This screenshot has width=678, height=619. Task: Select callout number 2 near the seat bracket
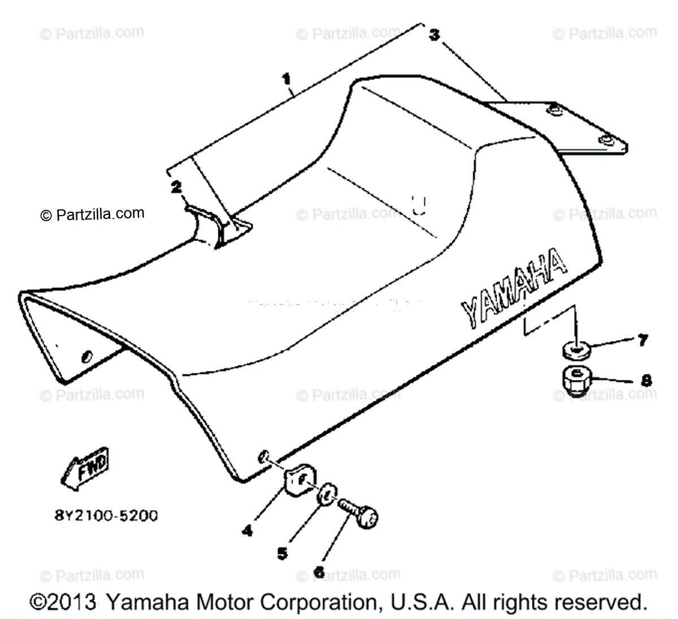177,186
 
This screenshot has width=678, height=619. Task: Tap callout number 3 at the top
434,35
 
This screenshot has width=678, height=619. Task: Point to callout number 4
247,530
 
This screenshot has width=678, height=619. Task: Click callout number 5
282,553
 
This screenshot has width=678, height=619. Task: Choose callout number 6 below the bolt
319,572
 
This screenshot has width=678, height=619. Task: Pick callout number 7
642,341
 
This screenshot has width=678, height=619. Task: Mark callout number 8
646,380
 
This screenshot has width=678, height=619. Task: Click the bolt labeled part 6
359,512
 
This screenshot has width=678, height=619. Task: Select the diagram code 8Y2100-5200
102,515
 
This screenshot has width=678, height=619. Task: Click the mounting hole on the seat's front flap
86,357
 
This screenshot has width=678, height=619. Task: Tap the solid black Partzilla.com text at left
92,214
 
